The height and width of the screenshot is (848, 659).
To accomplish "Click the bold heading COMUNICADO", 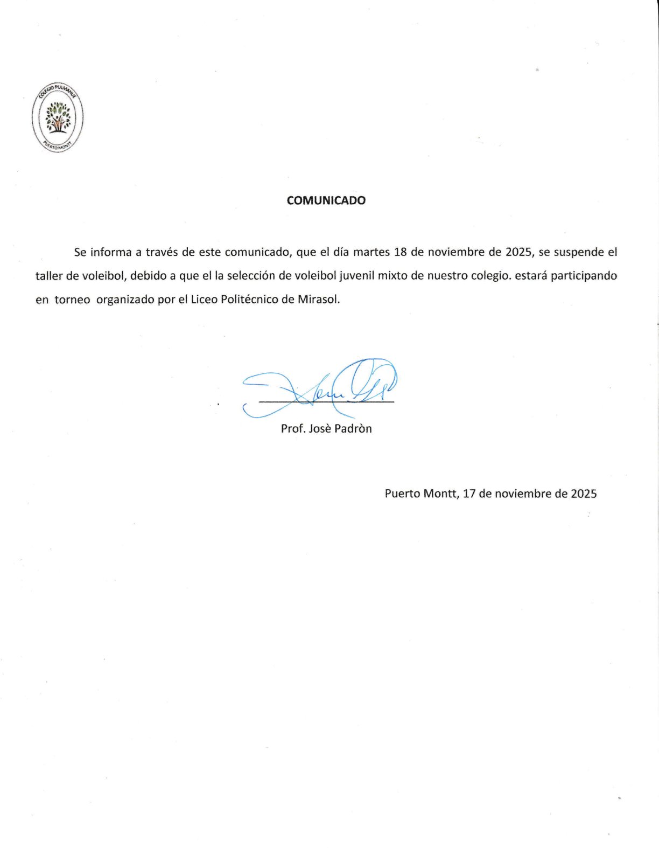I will [326, 200].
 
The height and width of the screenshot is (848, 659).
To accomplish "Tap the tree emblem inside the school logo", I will [58, 117].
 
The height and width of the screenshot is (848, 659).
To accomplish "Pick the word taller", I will [49, 276].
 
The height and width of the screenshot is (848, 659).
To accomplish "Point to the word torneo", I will [72, 300].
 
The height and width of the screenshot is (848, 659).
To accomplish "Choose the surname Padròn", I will [353, 429].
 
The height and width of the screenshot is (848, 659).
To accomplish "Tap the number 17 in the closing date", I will [468, 493].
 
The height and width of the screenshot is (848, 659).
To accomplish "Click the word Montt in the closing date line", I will [440, 493].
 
